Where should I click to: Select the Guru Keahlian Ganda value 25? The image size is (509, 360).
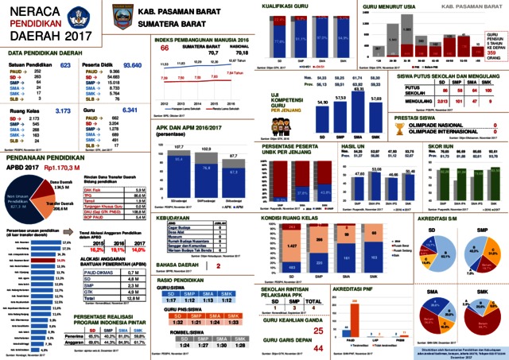click(319, 308)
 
